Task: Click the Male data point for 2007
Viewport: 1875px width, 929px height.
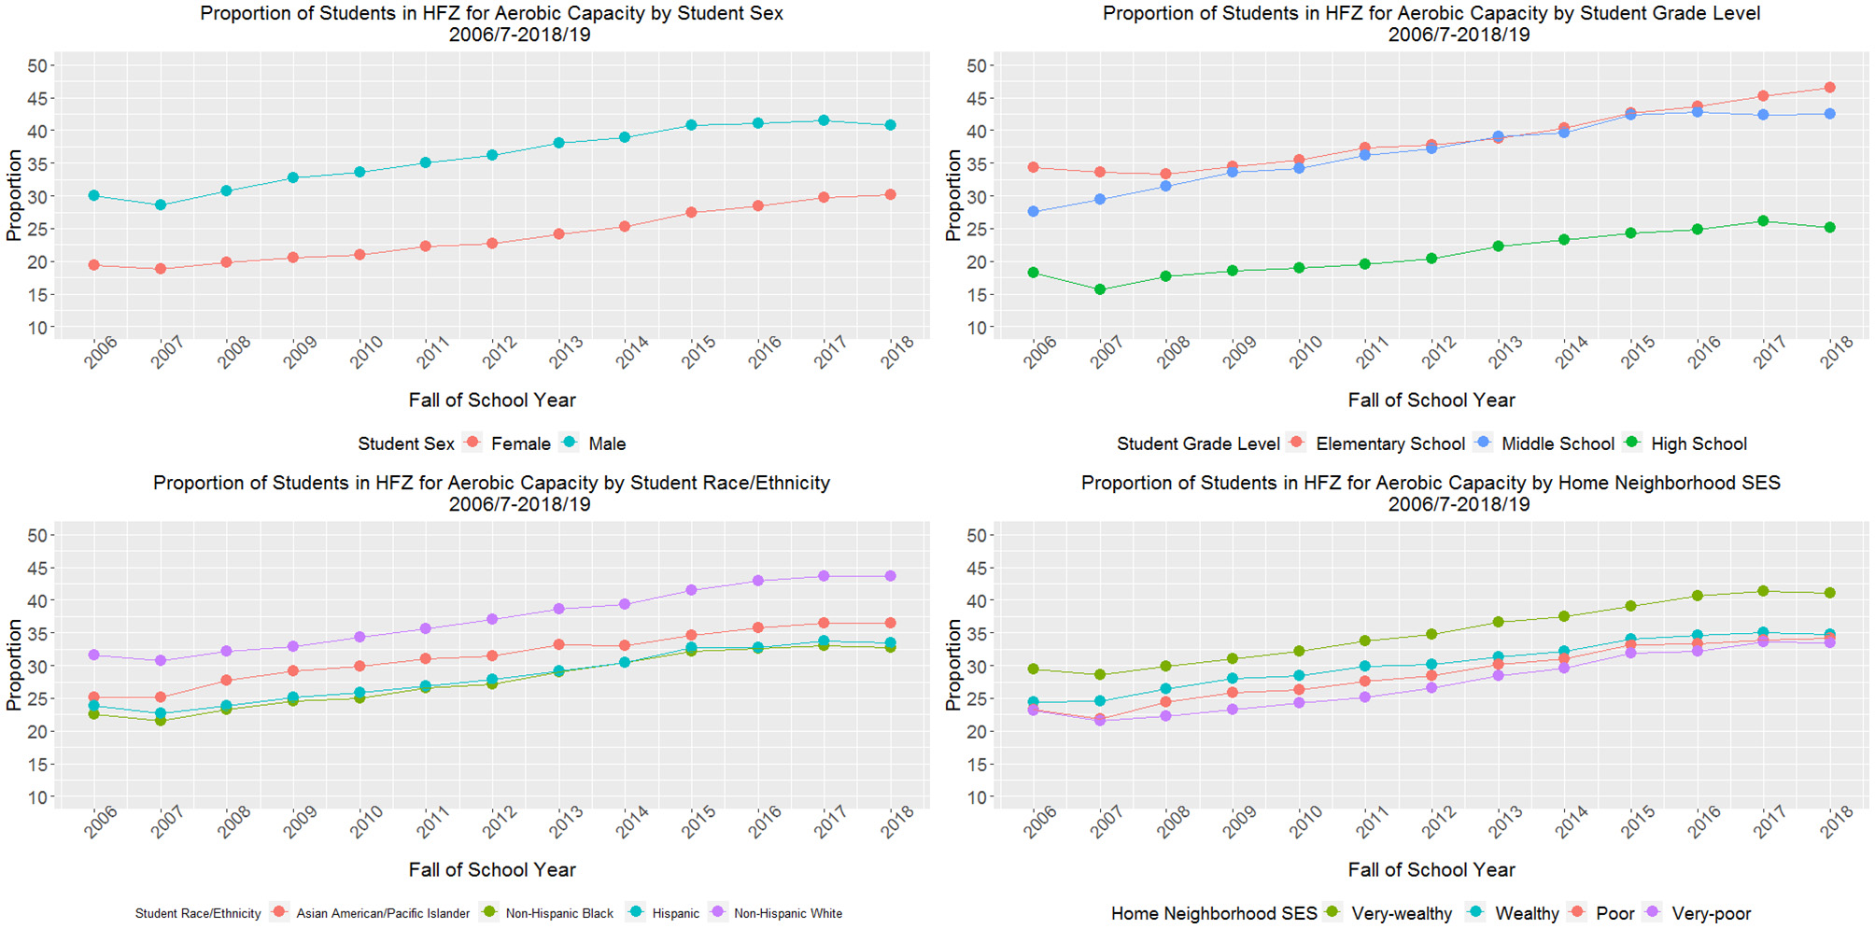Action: (161, 204)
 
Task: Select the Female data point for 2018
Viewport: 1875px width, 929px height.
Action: (890, 194)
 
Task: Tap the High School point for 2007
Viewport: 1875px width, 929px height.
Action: (1099, 289)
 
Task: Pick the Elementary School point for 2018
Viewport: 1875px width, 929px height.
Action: (1829, 88)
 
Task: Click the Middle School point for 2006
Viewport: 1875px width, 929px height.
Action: (1033, 212)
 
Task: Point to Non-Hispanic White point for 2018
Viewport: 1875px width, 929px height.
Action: (890, 576)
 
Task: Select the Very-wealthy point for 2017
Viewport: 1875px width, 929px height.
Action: (1763, 591)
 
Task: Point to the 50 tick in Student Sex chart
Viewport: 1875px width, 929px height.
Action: (37, 65)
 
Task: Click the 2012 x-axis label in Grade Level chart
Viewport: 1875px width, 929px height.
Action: (1439, 353)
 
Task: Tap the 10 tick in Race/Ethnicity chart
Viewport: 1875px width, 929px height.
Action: (37, 797)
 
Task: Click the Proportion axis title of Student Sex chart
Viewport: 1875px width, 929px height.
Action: (14, 196)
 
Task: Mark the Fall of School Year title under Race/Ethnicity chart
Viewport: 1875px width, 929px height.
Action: (492, 869)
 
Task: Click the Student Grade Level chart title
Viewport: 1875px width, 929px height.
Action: (1431, 23)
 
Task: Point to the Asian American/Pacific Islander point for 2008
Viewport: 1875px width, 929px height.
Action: (227, 680)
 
